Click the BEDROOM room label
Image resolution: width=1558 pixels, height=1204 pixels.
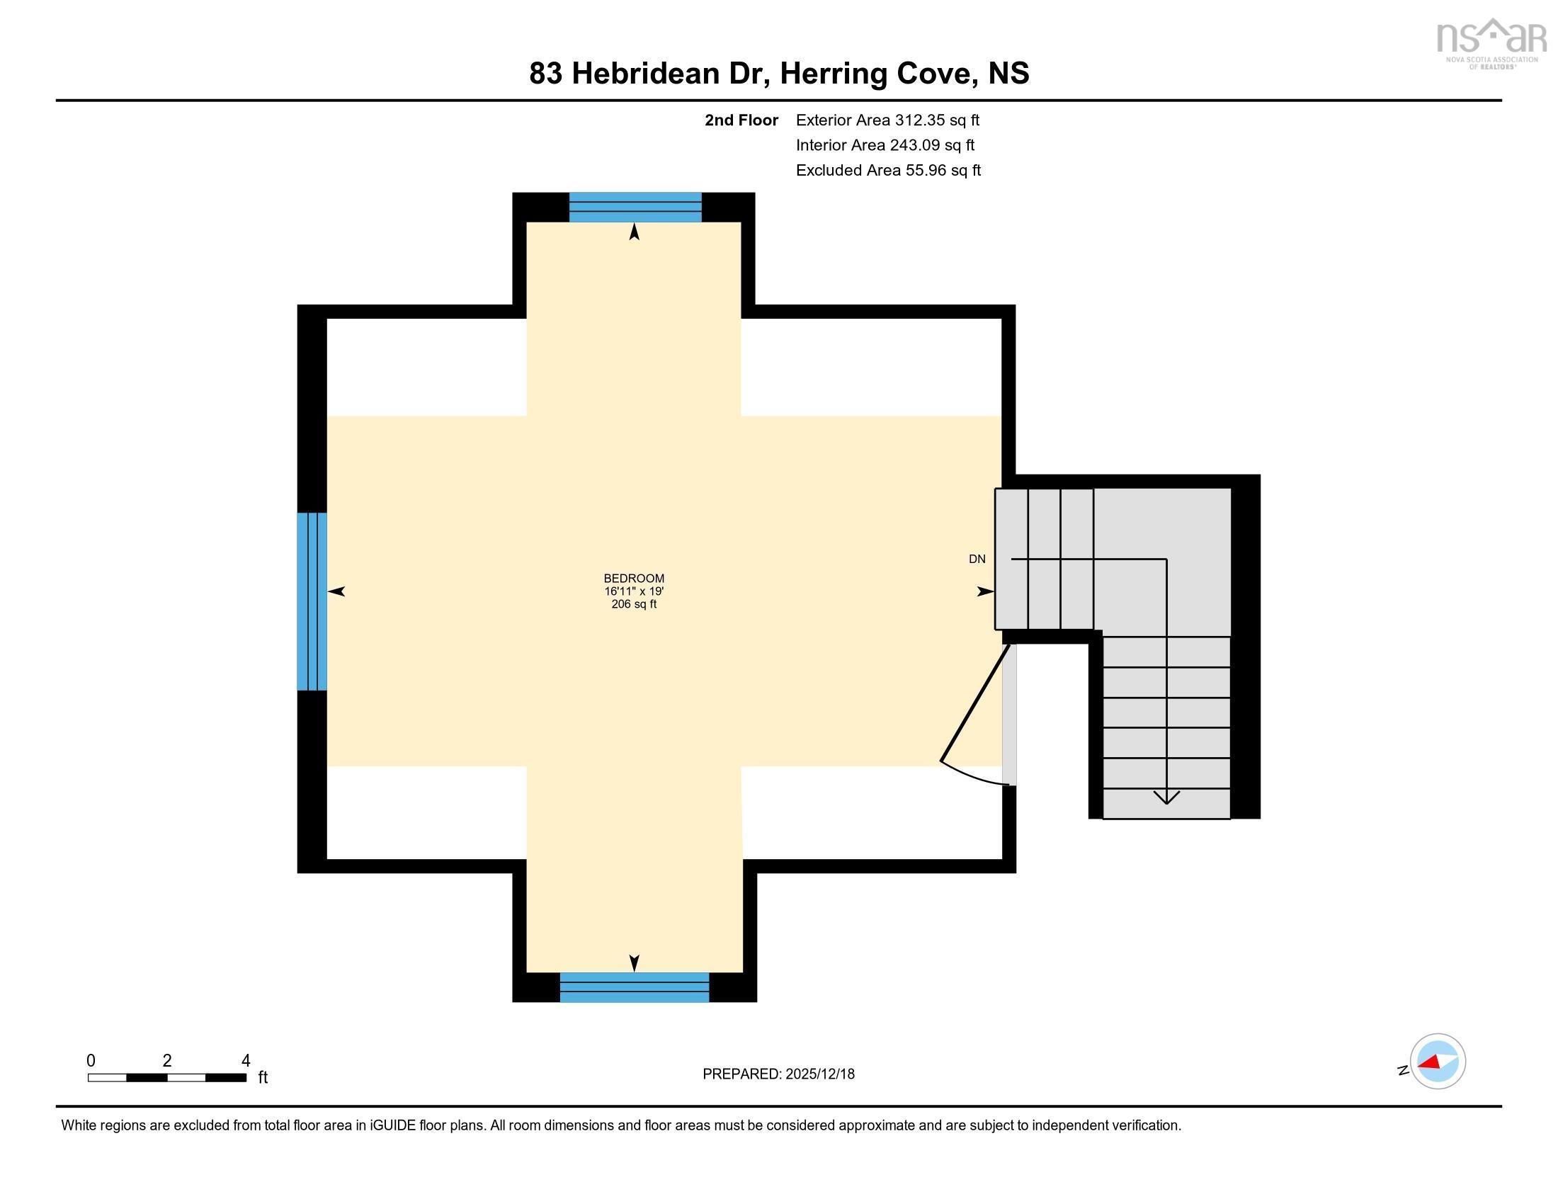(x=634, y=579)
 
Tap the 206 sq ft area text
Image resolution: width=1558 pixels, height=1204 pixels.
(x=634, y=604)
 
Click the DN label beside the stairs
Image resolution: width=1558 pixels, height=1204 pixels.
(x=977, y=560)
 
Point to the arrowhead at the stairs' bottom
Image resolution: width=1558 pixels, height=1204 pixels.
(x=1166, y=797)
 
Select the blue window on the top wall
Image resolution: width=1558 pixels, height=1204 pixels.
(x=635, y=207)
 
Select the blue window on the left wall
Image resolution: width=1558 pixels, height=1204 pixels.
(x=312, y=601)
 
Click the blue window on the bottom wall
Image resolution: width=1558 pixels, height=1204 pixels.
(x=635, y=987)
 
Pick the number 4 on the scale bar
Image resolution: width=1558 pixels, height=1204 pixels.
(x=246, y=1060)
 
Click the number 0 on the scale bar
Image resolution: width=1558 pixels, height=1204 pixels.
(x=91, y=1060)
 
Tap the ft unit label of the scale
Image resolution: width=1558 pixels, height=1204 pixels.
(x=263, y=1077)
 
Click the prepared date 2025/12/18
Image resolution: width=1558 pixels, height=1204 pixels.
(x=819, y=1074)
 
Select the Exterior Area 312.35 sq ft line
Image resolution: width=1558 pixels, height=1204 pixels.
(x=887, y=120)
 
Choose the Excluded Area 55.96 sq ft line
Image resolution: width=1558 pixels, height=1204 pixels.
(x=888, y=170)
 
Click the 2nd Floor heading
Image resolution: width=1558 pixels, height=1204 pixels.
(x=741, y=120)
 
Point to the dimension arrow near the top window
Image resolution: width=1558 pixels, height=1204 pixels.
(x=635, y=232)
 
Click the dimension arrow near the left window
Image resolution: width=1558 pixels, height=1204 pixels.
(x=336, y=591)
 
